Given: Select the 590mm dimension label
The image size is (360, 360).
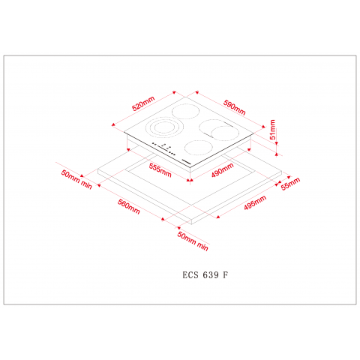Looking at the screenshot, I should [x=235, y=103].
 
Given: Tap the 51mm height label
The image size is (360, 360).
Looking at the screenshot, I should [x=274, y=132].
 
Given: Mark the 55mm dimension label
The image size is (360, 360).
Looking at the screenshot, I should [x=289, y=182].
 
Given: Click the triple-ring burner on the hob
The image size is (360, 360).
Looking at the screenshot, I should [x=159, y=129].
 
